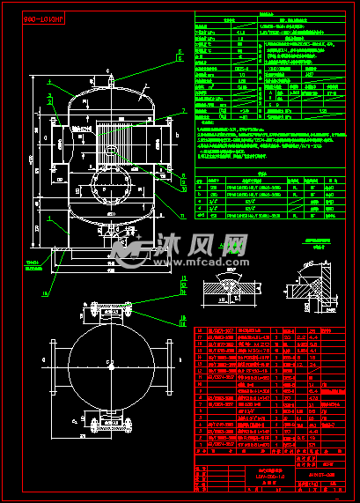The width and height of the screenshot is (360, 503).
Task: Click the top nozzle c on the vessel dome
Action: pos(110,80)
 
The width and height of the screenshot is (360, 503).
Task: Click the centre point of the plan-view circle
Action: pos(110,364)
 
